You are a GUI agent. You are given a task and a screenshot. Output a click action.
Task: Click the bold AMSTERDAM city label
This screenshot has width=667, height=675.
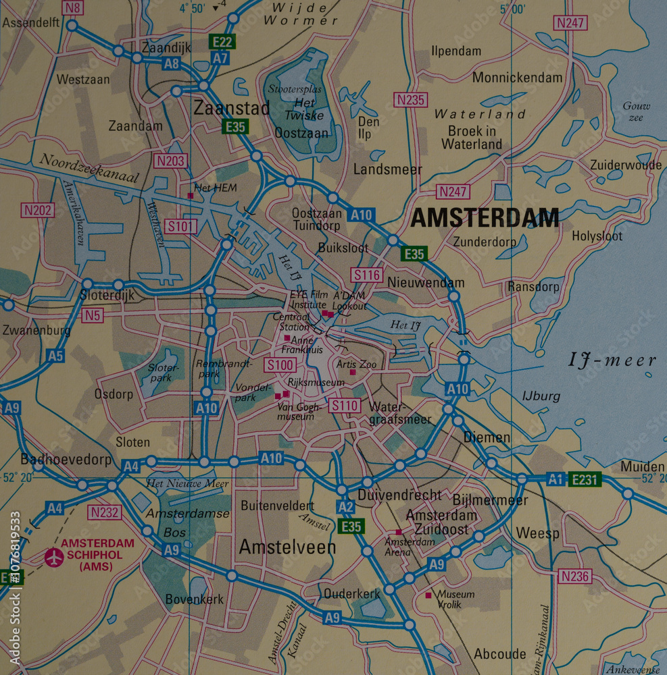pos(485,218)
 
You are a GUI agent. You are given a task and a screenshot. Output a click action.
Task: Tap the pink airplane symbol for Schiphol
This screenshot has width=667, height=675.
pos(53,557)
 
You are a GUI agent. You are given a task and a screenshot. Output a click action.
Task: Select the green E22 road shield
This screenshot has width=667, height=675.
pos(222,41)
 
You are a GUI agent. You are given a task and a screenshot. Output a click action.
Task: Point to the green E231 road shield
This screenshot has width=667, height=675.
pos(584,479)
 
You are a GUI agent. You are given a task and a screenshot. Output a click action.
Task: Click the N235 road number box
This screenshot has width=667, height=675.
pos(411,100)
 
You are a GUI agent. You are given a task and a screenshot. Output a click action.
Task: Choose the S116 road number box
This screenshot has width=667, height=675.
pos(366,274)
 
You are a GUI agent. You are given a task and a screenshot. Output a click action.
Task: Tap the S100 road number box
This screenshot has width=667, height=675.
pos(280,365)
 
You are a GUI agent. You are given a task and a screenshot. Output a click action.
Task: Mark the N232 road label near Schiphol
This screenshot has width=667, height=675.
pos(105,512)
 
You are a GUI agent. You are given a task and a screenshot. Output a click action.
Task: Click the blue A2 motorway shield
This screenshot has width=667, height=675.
pos(345,508)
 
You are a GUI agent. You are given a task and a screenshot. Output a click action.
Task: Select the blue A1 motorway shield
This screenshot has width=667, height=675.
pos(555,479)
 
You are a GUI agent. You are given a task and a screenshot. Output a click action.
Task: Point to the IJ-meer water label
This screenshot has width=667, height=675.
pos(612,360)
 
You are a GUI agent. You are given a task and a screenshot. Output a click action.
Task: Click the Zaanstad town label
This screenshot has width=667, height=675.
pos(231,107)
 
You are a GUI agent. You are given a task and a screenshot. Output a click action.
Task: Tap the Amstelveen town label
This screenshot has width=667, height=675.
pos(287,547)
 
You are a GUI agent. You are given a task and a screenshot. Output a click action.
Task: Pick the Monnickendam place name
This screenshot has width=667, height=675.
pos(517,77)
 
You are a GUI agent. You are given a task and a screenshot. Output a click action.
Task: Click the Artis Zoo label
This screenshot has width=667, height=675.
pos(356,364)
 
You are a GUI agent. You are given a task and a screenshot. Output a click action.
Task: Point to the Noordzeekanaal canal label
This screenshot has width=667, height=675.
pos(89,168)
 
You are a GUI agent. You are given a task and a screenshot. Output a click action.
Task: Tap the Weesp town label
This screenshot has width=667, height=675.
pos(537,533)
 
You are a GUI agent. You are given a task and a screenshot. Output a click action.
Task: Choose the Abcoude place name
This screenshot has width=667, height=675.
pos(499,653)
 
